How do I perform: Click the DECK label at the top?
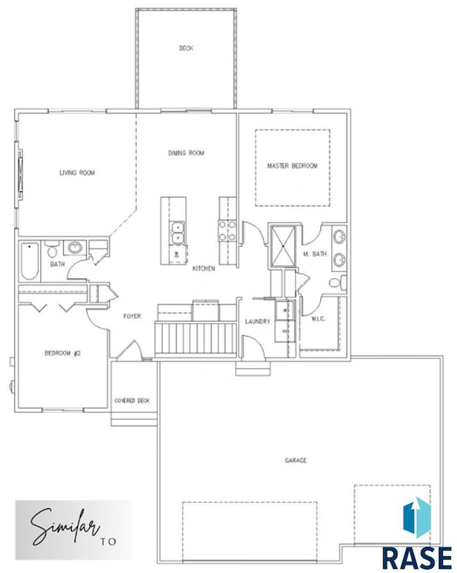(x=186, y=48)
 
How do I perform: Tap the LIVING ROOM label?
(x=77, y=172)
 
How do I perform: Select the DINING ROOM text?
(x=186, y=153)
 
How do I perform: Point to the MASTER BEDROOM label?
(x=292, y=166)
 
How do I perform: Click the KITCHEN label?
(x=204, y=269)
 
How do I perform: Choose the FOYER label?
(x=132, y=316)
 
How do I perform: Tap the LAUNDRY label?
(x=257, y=321)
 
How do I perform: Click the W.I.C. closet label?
(x=318, y=319)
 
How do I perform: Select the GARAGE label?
(x=296, y=460)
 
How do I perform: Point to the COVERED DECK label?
(x=132, y=401)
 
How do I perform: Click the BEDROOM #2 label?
(x=63, y=353)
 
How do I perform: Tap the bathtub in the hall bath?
(x=30, y=261)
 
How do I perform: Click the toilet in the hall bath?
(x=52, y=248)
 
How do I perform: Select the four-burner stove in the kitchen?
(x=227, y=231)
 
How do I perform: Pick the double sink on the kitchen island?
(x=176, y=232)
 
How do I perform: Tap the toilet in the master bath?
(x=337, y=283)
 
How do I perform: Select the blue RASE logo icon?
(x=417, y=517)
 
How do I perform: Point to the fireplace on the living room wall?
(x=19, y=175)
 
